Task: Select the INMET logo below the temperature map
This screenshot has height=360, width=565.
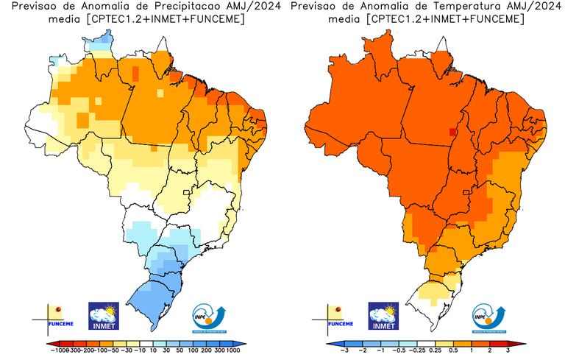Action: click(383, 316)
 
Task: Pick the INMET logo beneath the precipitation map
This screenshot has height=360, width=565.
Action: click(103, 316)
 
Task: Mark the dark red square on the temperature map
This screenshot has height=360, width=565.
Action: click(452, 133)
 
